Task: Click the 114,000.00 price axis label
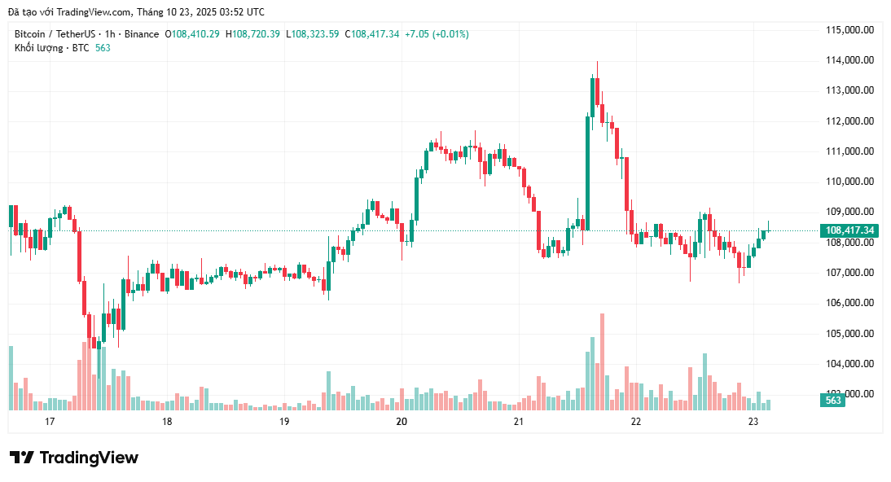click(x=849, y=60)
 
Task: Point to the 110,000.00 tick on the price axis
click(x=849, y=182)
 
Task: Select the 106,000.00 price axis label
click(x=849, y=303)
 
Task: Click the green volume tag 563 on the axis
click(x=834, y=401)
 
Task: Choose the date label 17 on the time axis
click(x=50, y=422)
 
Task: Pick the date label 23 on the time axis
click(x=753, y=422)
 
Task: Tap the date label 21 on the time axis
click(x=519, y=422)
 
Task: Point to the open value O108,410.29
click(x=193, y=34)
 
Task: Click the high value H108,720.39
click(x=252, y=34)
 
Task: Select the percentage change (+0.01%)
click(x=450, y=34)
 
